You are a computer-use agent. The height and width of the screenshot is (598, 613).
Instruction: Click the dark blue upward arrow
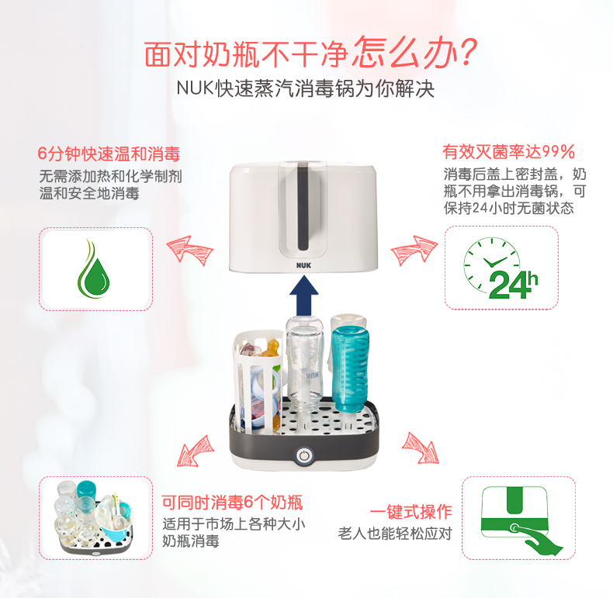(303, 296)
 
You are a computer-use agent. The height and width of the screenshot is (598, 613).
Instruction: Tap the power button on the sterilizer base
(303, 456)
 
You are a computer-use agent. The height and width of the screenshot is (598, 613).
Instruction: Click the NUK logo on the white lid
(303, 265)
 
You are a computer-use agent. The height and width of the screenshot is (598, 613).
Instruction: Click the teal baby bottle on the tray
(350, 369)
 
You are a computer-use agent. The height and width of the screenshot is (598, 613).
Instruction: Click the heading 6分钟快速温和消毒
(109, 154)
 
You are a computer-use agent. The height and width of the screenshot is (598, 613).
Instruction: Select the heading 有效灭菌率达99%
(508, 152)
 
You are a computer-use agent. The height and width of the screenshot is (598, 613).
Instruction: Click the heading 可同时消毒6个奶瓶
(232, 503)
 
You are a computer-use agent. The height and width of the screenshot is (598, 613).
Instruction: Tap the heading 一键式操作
(411, 512)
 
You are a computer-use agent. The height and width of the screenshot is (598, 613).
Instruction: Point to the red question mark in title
(467, 52)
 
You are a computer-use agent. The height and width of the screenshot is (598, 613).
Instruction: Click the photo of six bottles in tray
(95, 517)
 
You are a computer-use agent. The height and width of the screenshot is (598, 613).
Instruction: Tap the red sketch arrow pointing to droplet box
(190, 251)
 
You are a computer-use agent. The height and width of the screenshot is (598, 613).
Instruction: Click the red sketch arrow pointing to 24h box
(414, 251)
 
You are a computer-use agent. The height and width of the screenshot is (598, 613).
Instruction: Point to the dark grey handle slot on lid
(303, 209)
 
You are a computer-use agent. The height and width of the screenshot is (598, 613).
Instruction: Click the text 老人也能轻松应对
(395, 533)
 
